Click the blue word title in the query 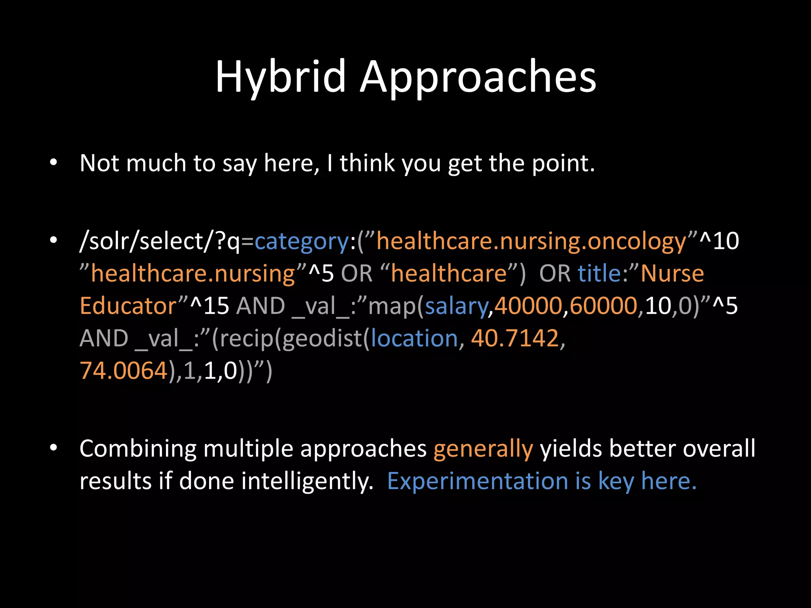point(599,274)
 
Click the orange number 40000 point(528,306)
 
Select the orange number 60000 point(603,306)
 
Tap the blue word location point(414,338)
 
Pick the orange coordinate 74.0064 point(124,371)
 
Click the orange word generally point(483,449)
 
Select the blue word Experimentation point(478,481)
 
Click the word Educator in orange point(128,306)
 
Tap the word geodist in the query point(322,338)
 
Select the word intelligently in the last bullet point(307,481)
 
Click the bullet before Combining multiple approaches point(54,448)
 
